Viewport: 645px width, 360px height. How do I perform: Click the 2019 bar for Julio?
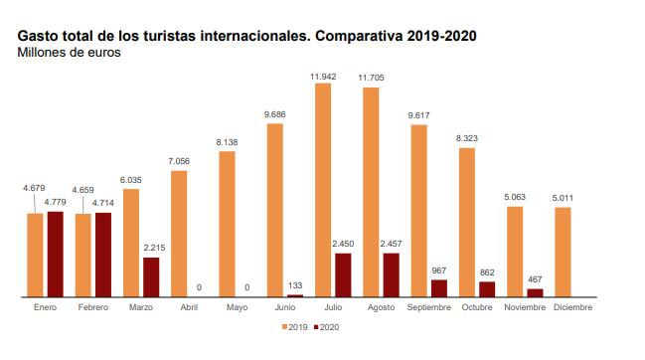323,190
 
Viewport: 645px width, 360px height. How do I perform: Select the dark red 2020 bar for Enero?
55,255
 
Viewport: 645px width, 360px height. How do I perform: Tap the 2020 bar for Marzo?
151,277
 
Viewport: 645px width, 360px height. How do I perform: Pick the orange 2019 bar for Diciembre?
563,252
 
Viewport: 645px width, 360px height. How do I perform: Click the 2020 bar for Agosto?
391,274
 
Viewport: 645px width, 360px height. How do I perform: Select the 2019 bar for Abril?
179,234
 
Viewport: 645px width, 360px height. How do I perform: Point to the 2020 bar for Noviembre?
535,292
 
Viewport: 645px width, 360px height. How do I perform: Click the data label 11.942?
323,76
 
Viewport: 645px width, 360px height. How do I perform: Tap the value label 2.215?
152,248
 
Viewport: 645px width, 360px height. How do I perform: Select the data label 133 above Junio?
295,286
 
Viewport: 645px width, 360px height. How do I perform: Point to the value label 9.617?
418,115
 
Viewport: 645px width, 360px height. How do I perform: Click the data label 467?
535,279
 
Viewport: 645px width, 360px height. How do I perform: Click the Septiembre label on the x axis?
428,307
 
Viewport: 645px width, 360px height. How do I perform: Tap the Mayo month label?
237,307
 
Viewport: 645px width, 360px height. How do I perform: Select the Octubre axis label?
476,307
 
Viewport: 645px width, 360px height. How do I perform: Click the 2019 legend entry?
295,326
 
